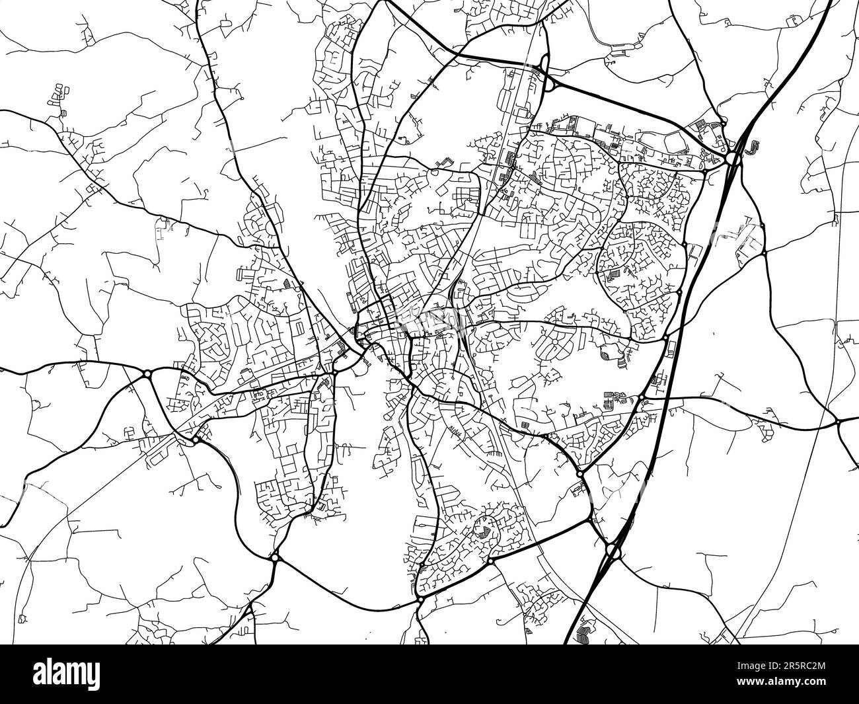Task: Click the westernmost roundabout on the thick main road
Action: coord(147,375)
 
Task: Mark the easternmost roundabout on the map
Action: coord(837,420)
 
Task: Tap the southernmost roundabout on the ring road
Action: coord(420,599)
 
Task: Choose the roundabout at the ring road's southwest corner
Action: coord(275,558)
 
